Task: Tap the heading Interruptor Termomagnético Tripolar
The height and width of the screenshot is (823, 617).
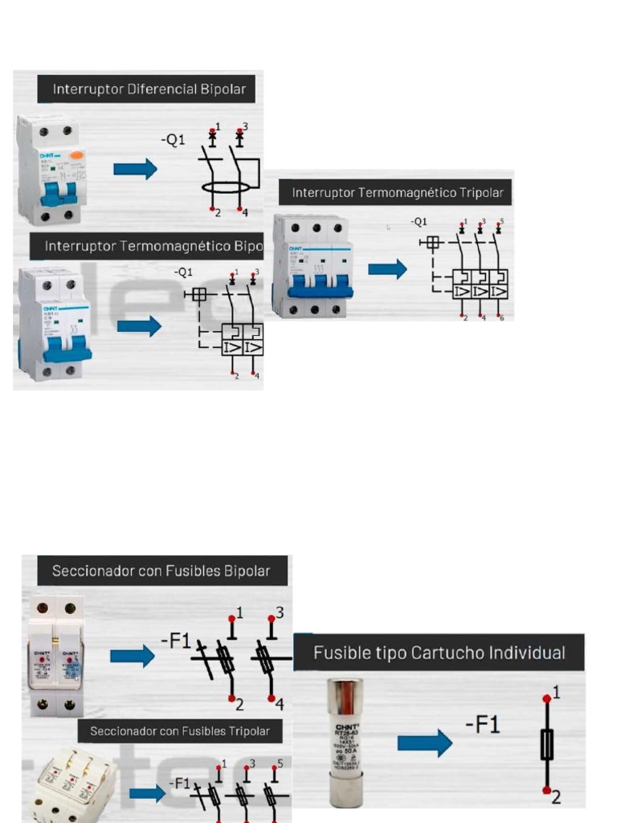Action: tap(397, 193)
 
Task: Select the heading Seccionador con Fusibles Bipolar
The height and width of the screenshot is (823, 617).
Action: tap(161, 571)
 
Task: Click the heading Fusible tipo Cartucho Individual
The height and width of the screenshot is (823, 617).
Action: tap(439, 653)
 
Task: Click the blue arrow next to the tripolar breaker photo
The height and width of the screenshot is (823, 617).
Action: tap(387, 268)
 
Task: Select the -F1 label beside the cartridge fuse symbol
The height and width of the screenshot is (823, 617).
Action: tap(483, 725)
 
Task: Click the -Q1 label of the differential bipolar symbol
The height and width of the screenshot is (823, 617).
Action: tap(172, 140)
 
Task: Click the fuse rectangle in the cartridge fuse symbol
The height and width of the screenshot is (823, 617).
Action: tap(547, 744)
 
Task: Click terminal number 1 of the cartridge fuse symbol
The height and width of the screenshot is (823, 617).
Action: tap(556, 691)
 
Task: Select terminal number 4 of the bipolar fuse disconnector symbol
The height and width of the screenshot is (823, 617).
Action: tap(280, 705)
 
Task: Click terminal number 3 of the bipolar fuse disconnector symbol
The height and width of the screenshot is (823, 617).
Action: tap(279, 612)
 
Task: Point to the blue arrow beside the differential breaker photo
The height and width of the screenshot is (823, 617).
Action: tap(134, 169)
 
